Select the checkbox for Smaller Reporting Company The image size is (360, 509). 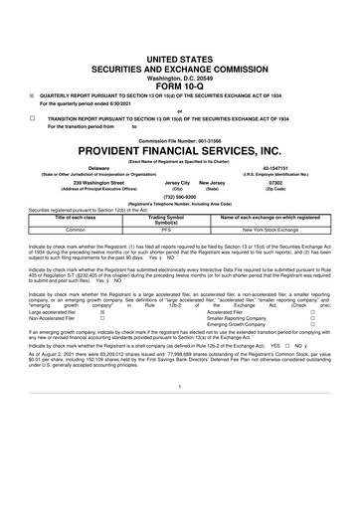[x=340, y=344]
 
